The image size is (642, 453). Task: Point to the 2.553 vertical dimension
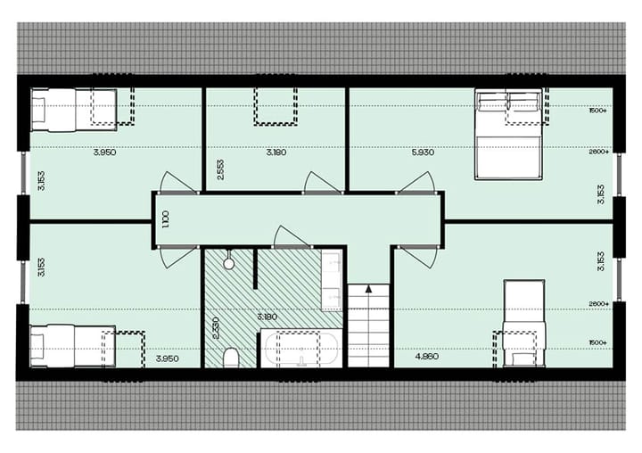[219, 170]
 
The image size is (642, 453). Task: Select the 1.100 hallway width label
[166, 218]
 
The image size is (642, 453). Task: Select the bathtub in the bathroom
[300, 348]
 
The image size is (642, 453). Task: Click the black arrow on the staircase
[369, 289]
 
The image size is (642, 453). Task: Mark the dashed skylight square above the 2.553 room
[276, 104]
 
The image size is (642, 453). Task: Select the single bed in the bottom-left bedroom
[70, 346]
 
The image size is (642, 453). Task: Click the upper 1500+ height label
[597, 111]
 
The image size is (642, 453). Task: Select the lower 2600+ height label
[597, 304]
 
